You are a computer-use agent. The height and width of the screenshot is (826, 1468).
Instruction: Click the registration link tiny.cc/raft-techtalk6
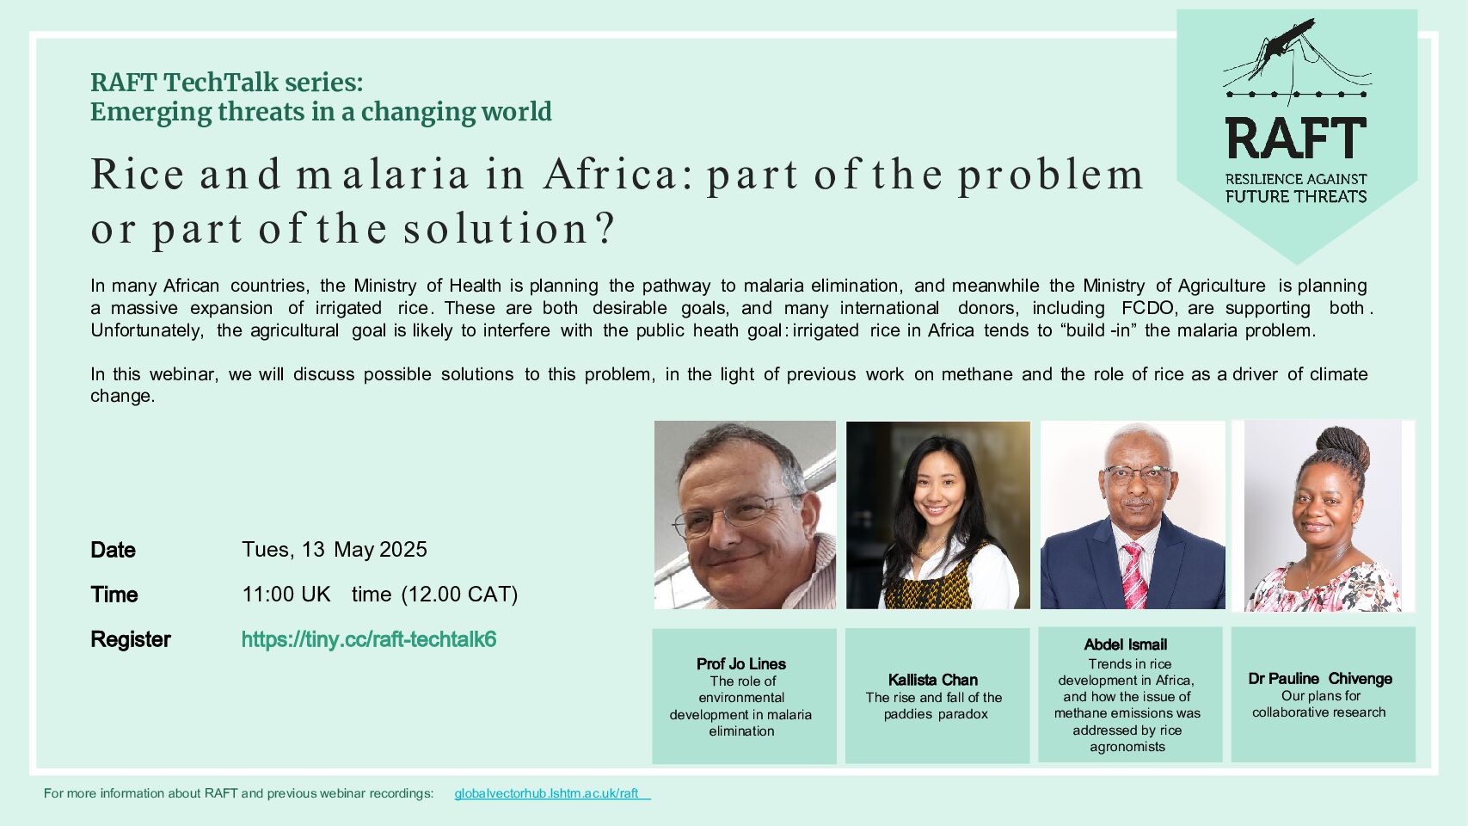pos(369,639)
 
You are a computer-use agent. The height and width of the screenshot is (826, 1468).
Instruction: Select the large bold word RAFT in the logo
pos(1296,139)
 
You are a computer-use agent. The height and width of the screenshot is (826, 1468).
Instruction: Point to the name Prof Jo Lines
pos(741,663)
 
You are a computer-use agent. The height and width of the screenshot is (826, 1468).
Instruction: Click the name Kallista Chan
pos(932,680)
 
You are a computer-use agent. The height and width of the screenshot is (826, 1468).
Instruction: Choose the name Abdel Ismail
pos(1125,644)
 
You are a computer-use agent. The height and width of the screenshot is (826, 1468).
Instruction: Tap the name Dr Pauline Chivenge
pos(1320,679)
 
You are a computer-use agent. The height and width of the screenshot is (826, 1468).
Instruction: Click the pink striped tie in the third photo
pos(1134,575)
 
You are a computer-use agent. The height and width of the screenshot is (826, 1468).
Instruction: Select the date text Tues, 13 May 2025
pos(335,549)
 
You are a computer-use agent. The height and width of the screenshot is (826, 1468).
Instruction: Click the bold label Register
pos(131,639)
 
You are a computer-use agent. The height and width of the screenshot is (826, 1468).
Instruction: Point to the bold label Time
pos(114,595)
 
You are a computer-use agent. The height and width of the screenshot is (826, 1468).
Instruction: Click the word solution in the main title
pos(496,229)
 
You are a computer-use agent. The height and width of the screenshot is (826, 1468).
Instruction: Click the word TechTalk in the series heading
pos(225,83)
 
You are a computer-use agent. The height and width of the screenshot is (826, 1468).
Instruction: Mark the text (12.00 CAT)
pos(459,594)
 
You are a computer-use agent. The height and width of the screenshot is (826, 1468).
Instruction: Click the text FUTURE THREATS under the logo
pos(1296,196)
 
